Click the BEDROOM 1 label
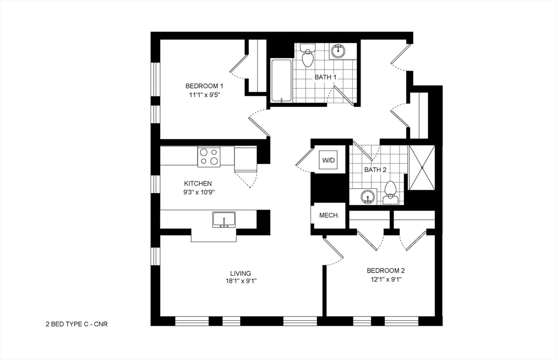[204, 86]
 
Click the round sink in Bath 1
[338, 51]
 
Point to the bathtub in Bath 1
[282, 80]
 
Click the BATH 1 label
[325, 77]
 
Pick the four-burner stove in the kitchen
[209, 156]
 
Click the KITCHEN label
[198, 184]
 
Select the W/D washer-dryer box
[328, 160]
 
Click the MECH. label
[329, 215]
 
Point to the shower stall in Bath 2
[422, 167]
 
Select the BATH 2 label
[375, 170]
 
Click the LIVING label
[241, 274]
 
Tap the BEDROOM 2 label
[386, 270]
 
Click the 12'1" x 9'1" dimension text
[386, 280]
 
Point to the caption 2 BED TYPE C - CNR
[77, 324]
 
